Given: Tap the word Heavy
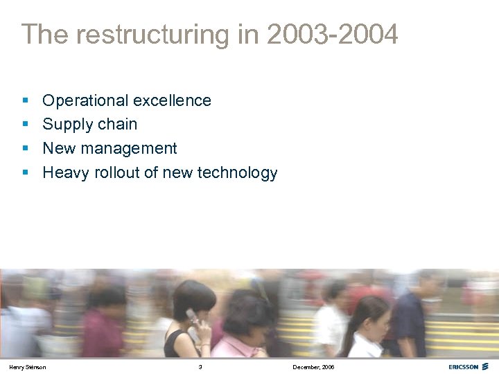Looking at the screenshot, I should click(65, 173).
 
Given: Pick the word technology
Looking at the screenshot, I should click(238, 173).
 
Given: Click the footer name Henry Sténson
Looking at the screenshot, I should click(28, 366).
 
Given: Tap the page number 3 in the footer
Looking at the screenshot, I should click(200, 366).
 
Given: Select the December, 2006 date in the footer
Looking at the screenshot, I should click(313, 366).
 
